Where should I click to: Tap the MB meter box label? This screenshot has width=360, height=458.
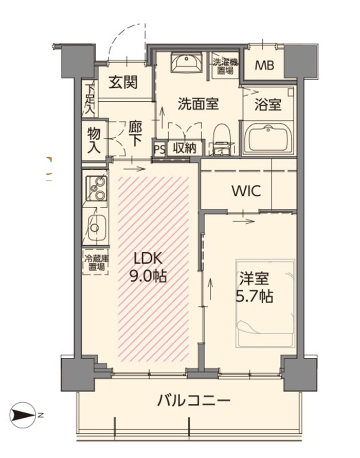[x=264, y=65]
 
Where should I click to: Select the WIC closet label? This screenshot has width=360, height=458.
[x=246, y=191]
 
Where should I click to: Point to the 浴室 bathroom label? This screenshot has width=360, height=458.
[x=268, y=104]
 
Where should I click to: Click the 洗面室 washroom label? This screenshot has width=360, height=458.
[x=199, y=103]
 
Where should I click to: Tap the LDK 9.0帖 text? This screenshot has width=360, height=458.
[x=148, y=267]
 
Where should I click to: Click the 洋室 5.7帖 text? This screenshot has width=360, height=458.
[x=254, y=287]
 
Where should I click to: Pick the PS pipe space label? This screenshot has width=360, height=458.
[x=160, y=149]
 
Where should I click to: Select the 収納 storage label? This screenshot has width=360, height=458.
[x=184, y=149]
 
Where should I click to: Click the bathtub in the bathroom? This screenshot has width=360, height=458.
[x=268, y=138]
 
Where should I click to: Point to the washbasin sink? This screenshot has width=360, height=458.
[x=186, y=62]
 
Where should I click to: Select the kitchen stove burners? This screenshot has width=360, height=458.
[x=97, y=188]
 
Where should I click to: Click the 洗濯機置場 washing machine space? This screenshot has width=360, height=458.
[x=225, y=66]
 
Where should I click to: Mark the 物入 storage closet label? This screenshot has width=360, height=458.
[x=94, y=140]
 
